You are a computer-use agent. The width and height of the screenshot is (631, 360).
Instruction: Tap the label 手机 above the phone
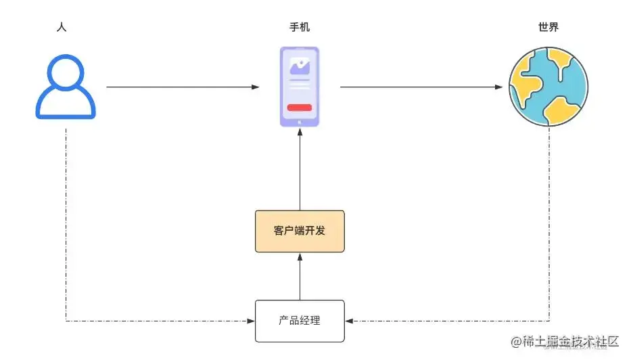click(300, 28)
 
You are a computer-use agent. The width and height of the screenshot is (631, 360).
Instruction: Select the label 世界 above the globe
click(548, 28)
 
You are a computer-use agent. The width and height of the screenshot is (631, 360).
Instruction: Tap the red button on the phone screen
click(300, 107)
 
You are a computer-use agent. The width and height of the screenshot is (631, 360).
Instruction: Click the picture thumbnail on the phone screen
click(300, 66)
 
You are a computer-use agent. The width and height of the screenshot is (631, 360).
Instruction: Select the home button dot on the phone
click(300, 122)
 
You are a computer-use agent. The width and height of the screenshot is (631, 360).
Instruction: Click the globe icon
click(548, 87)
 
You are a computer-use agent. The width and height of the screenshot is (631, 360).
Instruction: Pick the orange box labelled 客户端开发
click(300, 231)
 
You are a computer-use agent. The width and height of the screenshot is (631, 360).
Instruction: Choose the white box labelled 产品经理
click(300, 321)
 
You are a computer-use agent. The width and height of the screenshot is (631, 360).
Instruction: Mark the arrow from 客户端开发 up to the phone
click(300, 169)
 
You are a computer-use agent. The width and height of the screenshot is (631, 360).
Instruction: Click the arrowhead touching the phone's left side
click(256, 87)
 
